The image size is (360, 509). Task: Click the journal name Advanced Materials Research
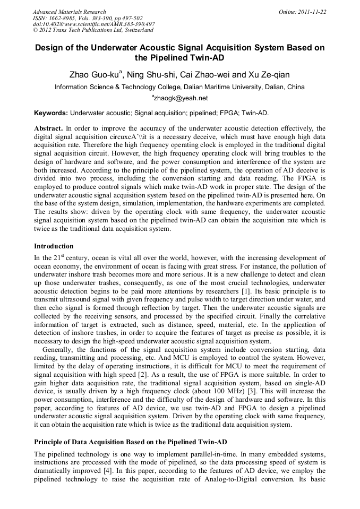pyautogui.click(x=70, y=12)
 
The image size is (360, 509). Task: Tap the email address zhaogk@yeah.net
pyautogui.click(x=181, y=98)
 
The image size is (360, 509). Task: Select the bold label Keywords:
pyautogui.click(x=51, y=114)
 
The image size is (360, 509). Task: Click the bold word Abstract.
pyautogui.click(x=48, y=128)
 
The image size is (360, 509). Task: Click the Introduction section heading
pyautogui.click(x=54, y=246)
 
